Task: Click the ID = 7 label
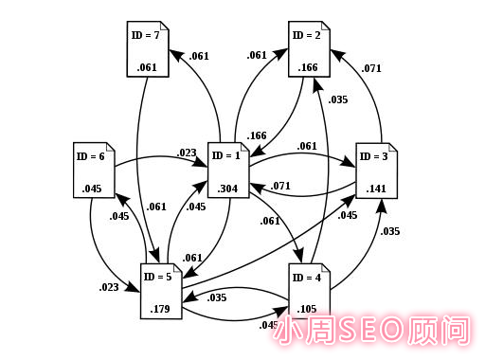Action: click(145, 35)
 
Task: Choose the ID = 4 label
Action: click(308, 278)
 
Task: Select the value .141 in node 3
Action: click(375, 187)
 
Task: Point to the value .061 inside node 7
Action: click(146, 66)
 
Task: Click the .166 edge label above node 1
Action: click(257, 136)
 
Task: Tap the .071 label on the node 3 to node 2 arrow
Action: click(371, 68)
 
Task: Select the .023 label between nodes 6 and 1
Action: click(186, 152)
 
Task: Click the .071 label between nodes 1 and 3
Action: click(279, 186)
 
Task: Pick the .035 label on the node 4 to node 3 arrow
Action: click(388, 230)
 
